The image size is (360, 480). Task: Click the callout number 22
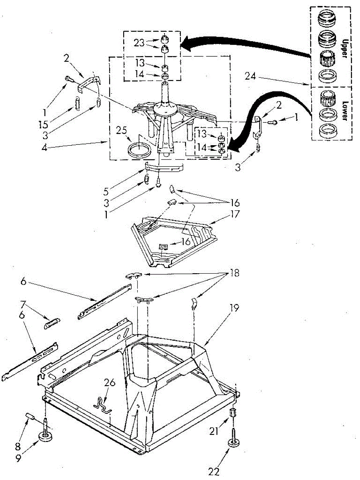click(214, 472)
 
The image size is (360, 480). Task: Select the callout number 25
click(122, 130)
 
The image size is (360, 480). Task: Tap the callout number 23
click(139, 42)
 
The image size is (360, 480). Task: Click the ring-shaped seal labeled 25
click(137, 151)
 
